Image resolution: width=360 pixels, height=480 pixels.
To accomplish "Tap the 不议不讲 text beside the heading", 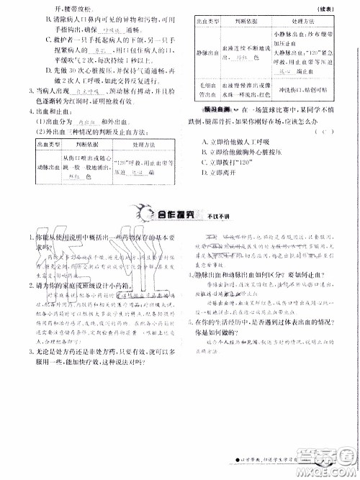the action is pyautogui.click(x=213, y=215).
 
